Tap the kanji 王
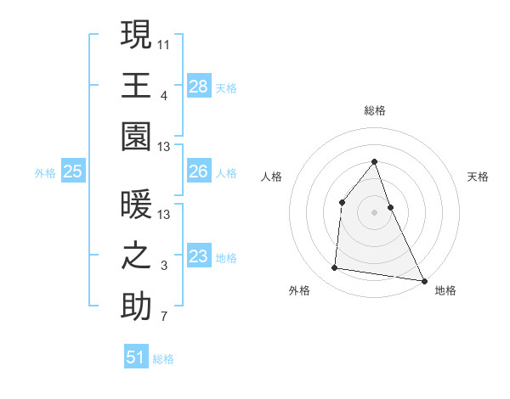pos(136,85)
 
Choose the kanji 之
pos(136,256)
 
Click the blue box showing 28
pos(198,86)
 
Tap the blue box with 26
pos(198,171)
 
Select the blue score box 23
pos(198,256)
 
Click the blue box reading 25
pos(72,172)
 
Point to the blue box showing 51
pos(136,357)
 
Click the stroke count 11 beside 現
pos(164,42)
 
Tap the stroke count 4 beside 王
pos(164,96)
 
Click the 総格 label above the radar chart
pos(375,110)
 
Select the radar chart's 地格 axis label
pos(445,291)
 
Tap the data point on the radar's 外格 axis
pos(335,268)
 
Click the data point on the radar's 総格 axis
pos(375,161)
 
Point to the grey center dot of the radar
pos(375,212)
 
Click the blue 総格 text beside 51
pos(163,359)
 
